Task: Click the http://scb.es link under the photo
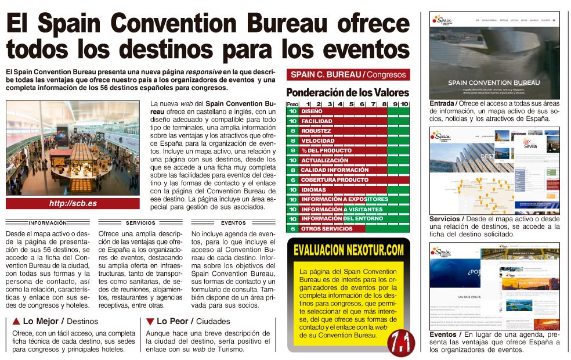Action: click(x=73, y=203)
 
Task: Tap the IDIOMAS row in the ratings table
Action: click(x=313, y=189)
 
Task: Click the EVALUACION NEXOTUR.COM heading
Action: click(x=348, y=250)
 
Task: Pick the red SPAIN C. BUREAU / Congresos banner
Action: click(x=348, y=74)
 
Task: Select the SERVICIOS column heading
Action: click(x=140, y=222)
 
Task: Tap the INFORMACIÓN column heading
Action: click(x=48, y=222)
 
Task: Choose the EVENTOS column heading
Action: click(x=233, y=222)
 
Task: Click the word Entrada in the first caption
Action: click(x=442, y=103)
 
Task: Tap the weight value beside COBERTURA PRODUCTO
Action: click(x=292, y=179)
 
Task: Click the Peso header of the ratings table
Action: click(x=292, y=104)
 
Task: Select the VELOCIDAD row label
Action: click(x=317, y=141)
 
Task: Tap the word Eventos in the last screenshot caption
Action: click(x=443, y=334)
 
